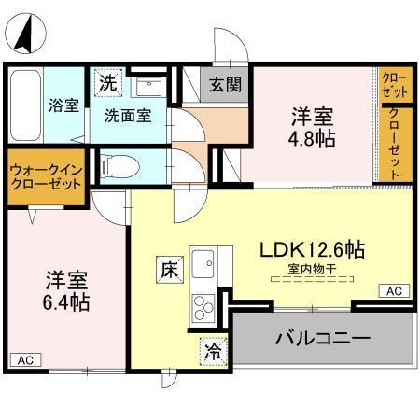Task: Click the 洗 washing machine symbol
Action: point(107,82)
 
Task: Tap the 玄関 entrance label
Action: point(225,85)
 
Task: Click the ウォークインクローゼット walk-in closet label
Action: point(46,177)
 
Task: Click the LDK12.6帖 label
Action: point(312,249)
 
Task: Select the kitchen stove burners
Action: point(203,306)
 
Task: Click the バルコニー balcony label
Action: point(322,336)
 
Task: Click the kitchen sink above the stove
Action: point(203,263)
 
